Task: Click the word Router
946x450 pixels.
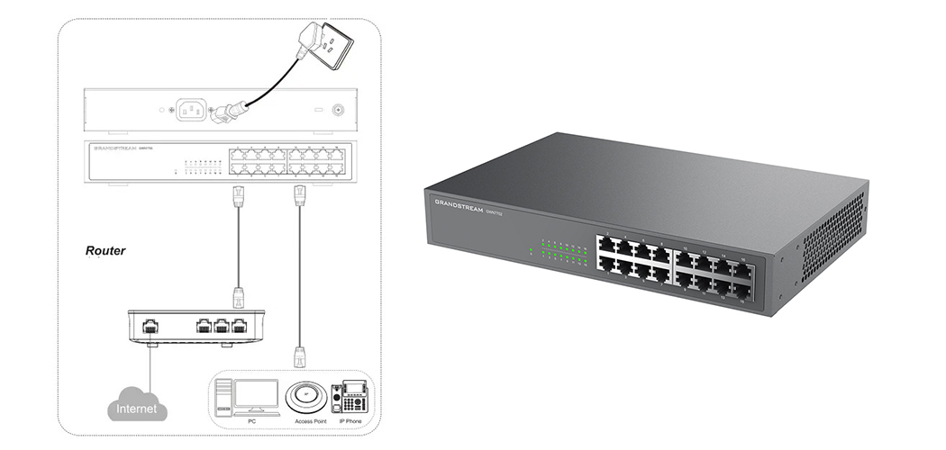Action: tap(105, 251)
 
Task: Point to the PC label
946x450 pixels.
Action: tap(251, 420)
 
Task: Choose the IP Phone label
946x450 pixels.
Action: tap(350, 420)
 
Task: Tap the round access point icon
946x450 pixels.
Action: tap(306, 396)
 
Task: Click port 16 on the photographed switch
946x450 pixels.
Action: tap(743, 268)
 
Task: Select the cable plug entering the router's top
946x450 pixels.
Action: tap(239, 296)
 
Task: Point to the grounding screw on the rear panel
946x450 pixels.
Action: tap(338, 110)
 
